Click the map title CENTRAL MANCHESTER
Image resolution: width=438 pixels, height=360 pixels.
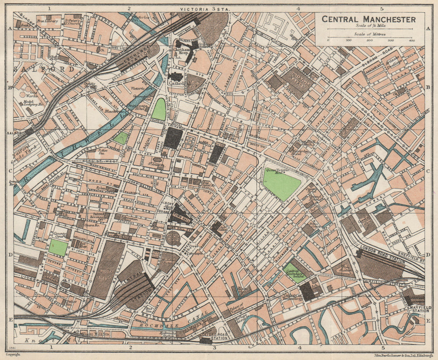(368, 19)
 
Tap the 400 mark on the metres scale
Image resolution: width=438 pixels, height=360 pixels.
(411, 40)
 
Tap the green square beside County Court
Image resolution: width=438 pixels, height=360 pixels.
(58, 247)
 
